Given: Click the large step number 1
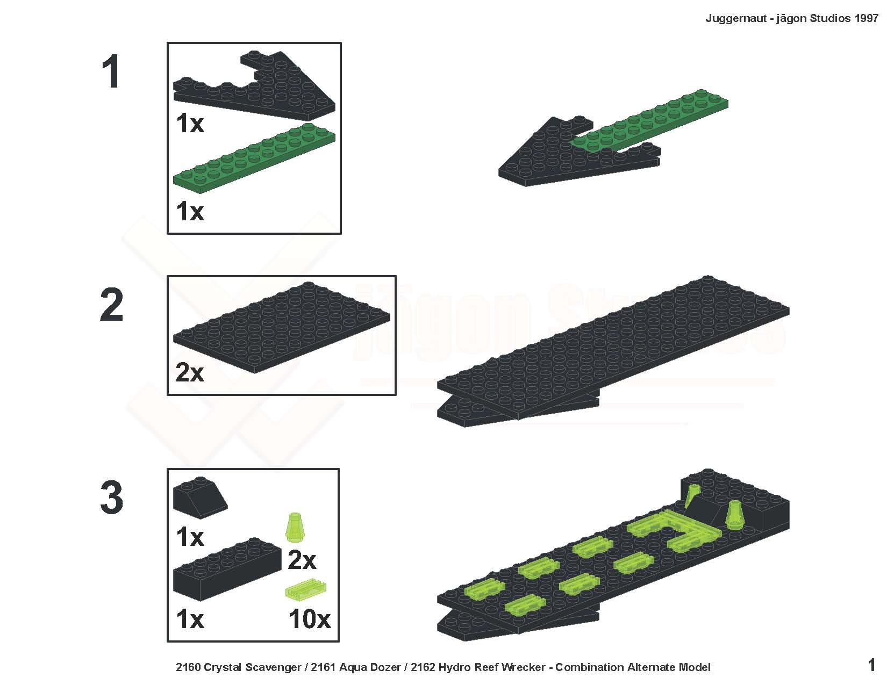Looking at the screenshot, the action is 111,71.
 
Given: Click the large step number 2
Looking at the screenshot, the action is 111,305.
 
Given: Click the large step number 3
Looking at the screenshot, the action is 111,497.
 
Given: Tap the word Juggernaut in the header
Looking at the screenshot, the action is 736,19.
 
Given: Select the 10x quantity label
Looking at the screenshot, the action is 310,619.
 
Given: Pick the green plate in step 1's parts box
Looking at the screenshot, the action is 254,158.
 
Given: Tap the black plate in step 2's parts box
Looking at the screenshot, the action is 281,328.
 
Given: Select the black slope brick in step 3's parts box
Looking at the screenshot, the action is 199,497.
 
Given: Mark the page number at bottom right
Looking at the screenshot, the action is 871,665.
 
